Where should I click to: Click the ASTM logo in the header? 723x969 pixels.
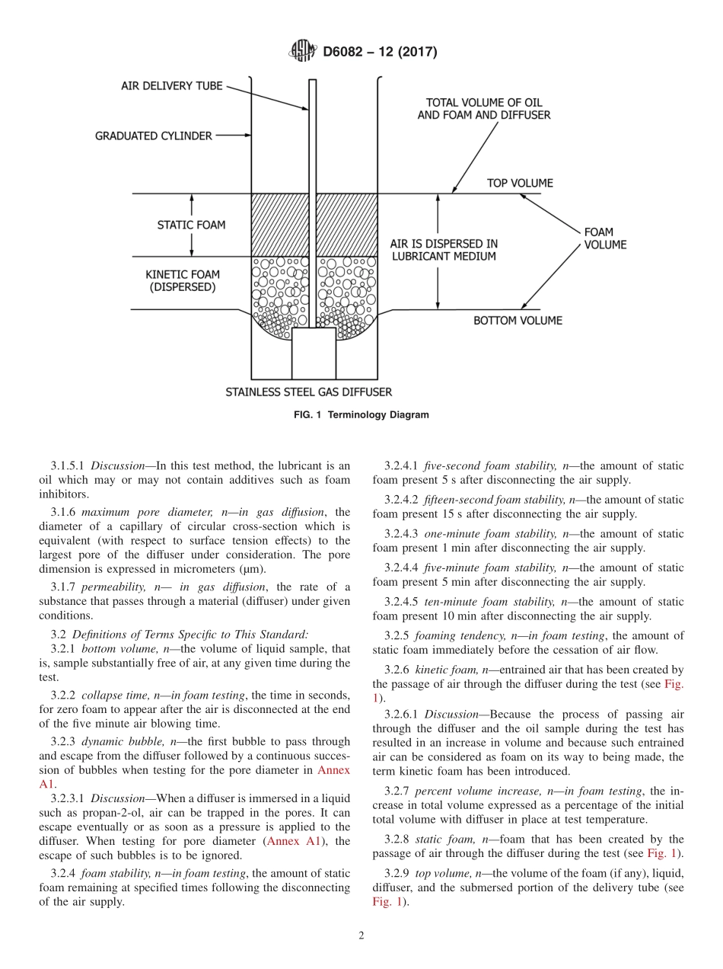pyautogui.click(x=302, y=52)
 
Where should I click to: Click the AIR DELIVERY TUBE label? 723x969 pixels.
pyautogui.click(x=172, y=86)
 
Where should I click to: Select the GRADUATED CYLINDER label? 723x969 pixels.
pyautogui.click(x=154, y=136)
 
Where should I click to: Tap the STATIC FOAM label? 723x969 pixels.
pyautogui.click(x=191, y=225)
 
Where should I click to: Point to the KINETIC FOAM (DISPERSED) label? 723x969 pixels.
pyautogui.click(x=180, y=280)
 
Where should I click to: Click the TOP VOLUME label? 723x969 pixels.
pyautogui.click(x=520, y=183)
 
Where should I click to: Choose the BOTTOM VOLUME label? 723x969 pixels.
pyautogui.click(x=518, y=321)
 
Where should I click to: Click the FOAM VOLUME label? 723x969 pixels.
pyautogui.click(x=605, y=238)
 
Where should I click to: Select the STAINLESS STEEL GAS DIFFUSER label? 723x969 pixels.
pyautogui.click(x=309, y=392)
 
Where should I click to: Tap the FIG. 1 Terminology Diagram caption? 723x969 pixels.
pyautogui.click(x=361, y=415)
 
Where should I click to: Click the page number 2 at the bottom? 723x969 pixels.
pyautogui.click(x=361, y=936)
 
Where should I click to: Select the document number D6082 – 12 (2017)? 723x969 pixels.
pyautogui.click(x=380, y=53)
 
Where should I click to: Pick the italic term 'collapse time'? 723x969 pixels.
pyautogui.click(x=112, y=696)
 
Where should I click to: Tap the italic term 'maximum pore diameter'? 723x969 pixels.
pyautogui.click(x=135, y=513)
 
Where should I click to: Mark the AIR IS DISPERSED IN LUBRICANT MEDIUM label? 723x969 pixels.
pyautogui.click(x=443, y=250)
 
